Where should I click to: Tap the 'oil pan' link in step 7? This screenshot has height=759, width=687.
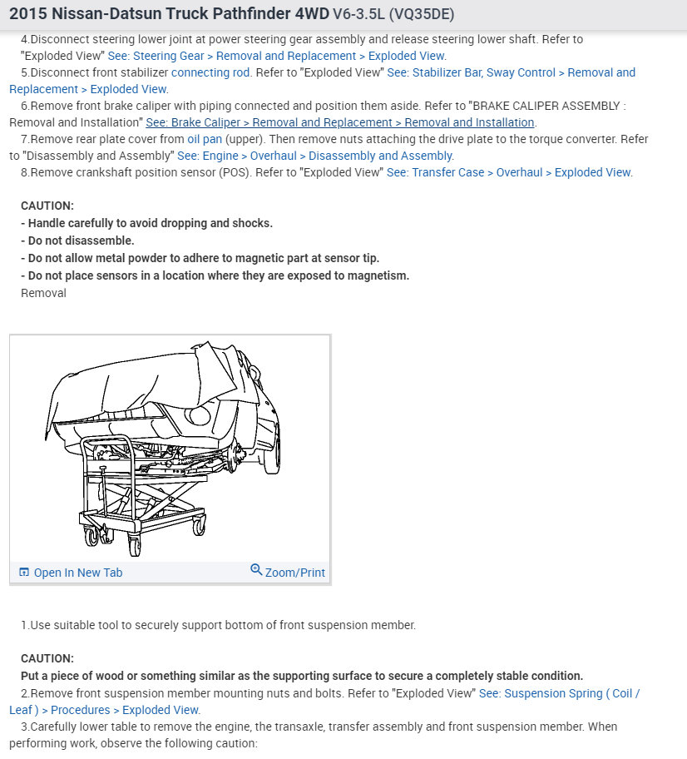click(204, 139)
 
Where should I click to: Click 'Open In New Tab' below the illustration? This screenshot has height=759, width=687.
click(77, 573)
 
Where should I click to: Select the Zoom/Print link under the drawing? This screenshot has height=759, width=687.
click(294, 573)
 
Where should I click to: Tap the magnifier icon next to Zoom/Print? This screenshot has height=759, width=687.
click(256, 570)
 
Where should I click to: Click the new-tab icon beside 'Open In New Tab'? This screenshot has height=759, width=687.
click(24, 573)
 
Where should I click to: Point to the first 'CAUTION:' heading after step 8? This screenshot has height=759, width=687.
click(47, 206)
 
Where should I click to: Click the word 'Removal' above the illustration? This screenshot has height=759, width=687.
click(43, 293)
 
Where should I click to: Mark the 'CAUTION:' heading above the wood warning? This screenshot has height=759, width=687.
click(47, 658)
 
